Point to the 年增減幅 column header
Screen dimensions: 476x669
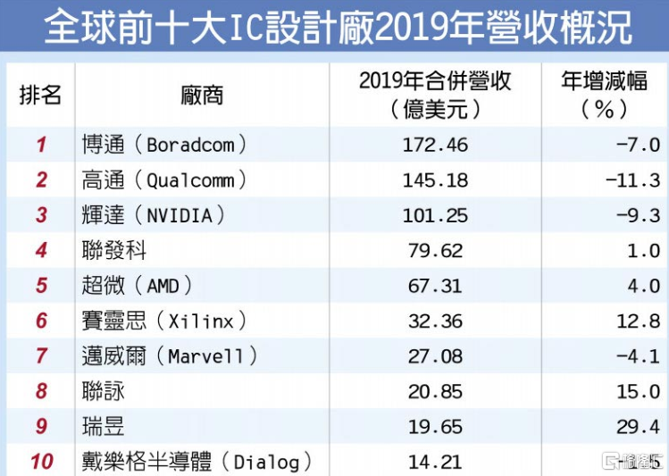(x=605, y=94)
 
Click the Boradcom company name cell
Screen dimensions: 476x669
(x=163, y=145)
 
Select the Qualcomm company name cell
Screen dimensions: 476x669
(x=163, y=180)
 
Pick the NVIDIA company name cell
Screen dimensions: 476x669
(x=152, y=215)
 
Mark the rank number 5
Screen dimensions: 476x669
(x=41, y=286)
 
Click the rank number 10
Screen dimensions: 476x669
(x=41, y=462)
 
